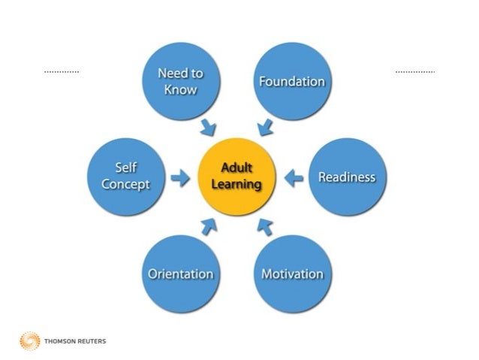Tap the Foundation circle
point(291,82)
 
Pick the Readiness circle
point(346,177)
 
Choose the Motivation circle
point(291,273)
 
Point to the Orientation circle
point(180,273)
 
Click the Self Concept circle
point(125,177)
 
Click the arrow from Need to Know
point(208,127)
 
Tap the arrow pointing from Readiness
point(294,178)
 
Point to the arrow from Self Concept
point(180,178)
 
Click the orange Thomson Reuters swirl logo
point(29,340)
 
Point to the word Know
point(180,89)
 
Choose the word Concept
point(125,184)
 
